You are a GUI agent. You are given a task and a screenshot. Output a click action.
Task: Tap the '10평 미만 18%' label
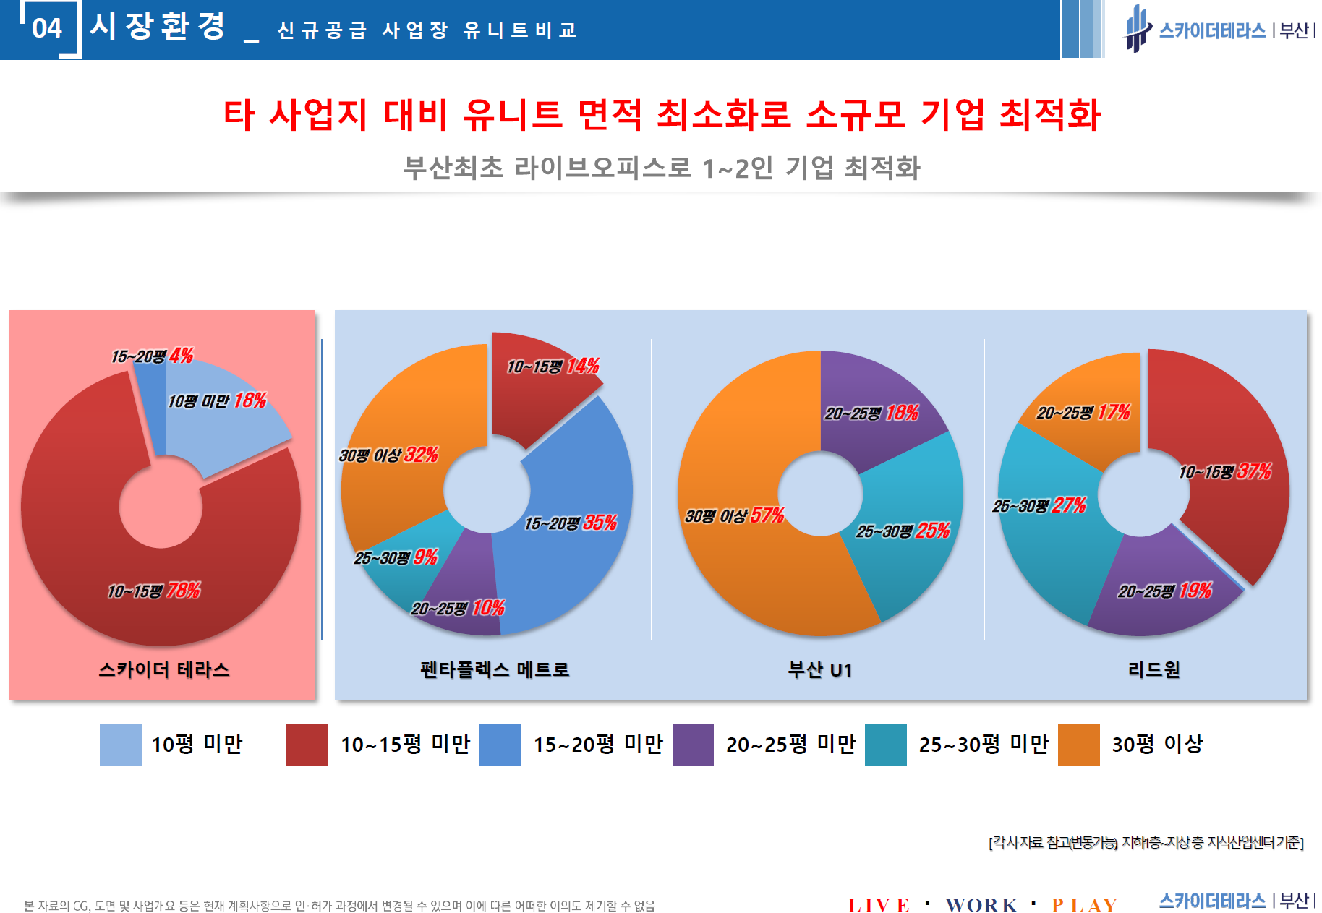tap(217, 401)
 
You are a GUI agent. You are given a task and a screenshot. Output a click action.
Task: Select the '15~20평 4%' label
tap(152, 356)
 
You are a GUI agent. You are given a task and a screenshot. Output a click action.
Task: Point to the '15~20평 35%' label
tap(571, 523)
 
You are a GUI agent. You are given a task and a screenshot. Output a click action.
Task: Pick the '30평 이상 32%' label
tap(388, 455)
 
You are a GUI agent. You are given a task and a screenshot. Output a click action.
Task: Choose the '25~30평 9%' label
tap(396, 558)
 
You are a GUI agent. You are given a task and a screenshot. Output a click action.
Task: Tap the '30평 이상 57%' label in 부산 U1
tap(734, 516)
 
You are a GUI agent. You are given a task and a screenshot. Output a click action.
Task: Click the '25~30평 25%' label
tap(903, 531)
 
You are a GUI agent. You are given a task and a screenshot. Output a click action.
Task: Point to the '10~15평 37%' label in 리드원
tap(1225, 473)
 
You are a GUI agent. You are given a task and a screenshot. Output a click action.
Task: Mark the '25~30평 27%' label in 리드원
tap(1039, 506)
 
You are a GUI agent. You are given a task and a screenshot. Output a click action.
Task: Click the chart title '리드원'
tap(1154, 670)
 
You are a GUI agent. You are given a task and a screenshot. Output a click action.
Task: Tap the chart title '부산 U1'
tap(819, 670)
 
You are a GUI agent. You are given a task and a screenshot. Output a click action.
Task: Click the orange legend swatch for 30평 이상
tap(1078, 745)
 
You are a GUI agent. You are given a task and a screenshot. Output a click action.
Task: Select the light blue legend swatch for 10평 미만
tap(121, 745)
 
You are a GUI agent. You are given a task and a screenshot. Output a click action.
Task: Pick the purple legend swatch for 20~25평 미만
tap(693, 745)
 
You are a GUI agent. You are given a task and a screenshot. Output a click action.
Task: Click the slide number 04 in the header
tap(47, 28)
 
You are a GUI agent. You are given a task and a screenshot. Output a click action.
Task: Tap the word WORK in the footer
tap(981, 905)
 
